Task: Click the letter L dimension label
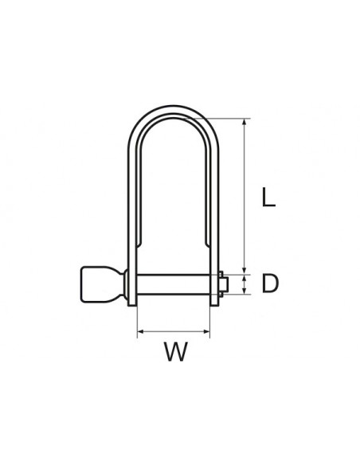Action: coord(268,196)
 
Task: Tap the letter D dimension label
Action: coord(270,283)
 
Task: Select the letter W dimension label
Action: coord(174,351)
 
